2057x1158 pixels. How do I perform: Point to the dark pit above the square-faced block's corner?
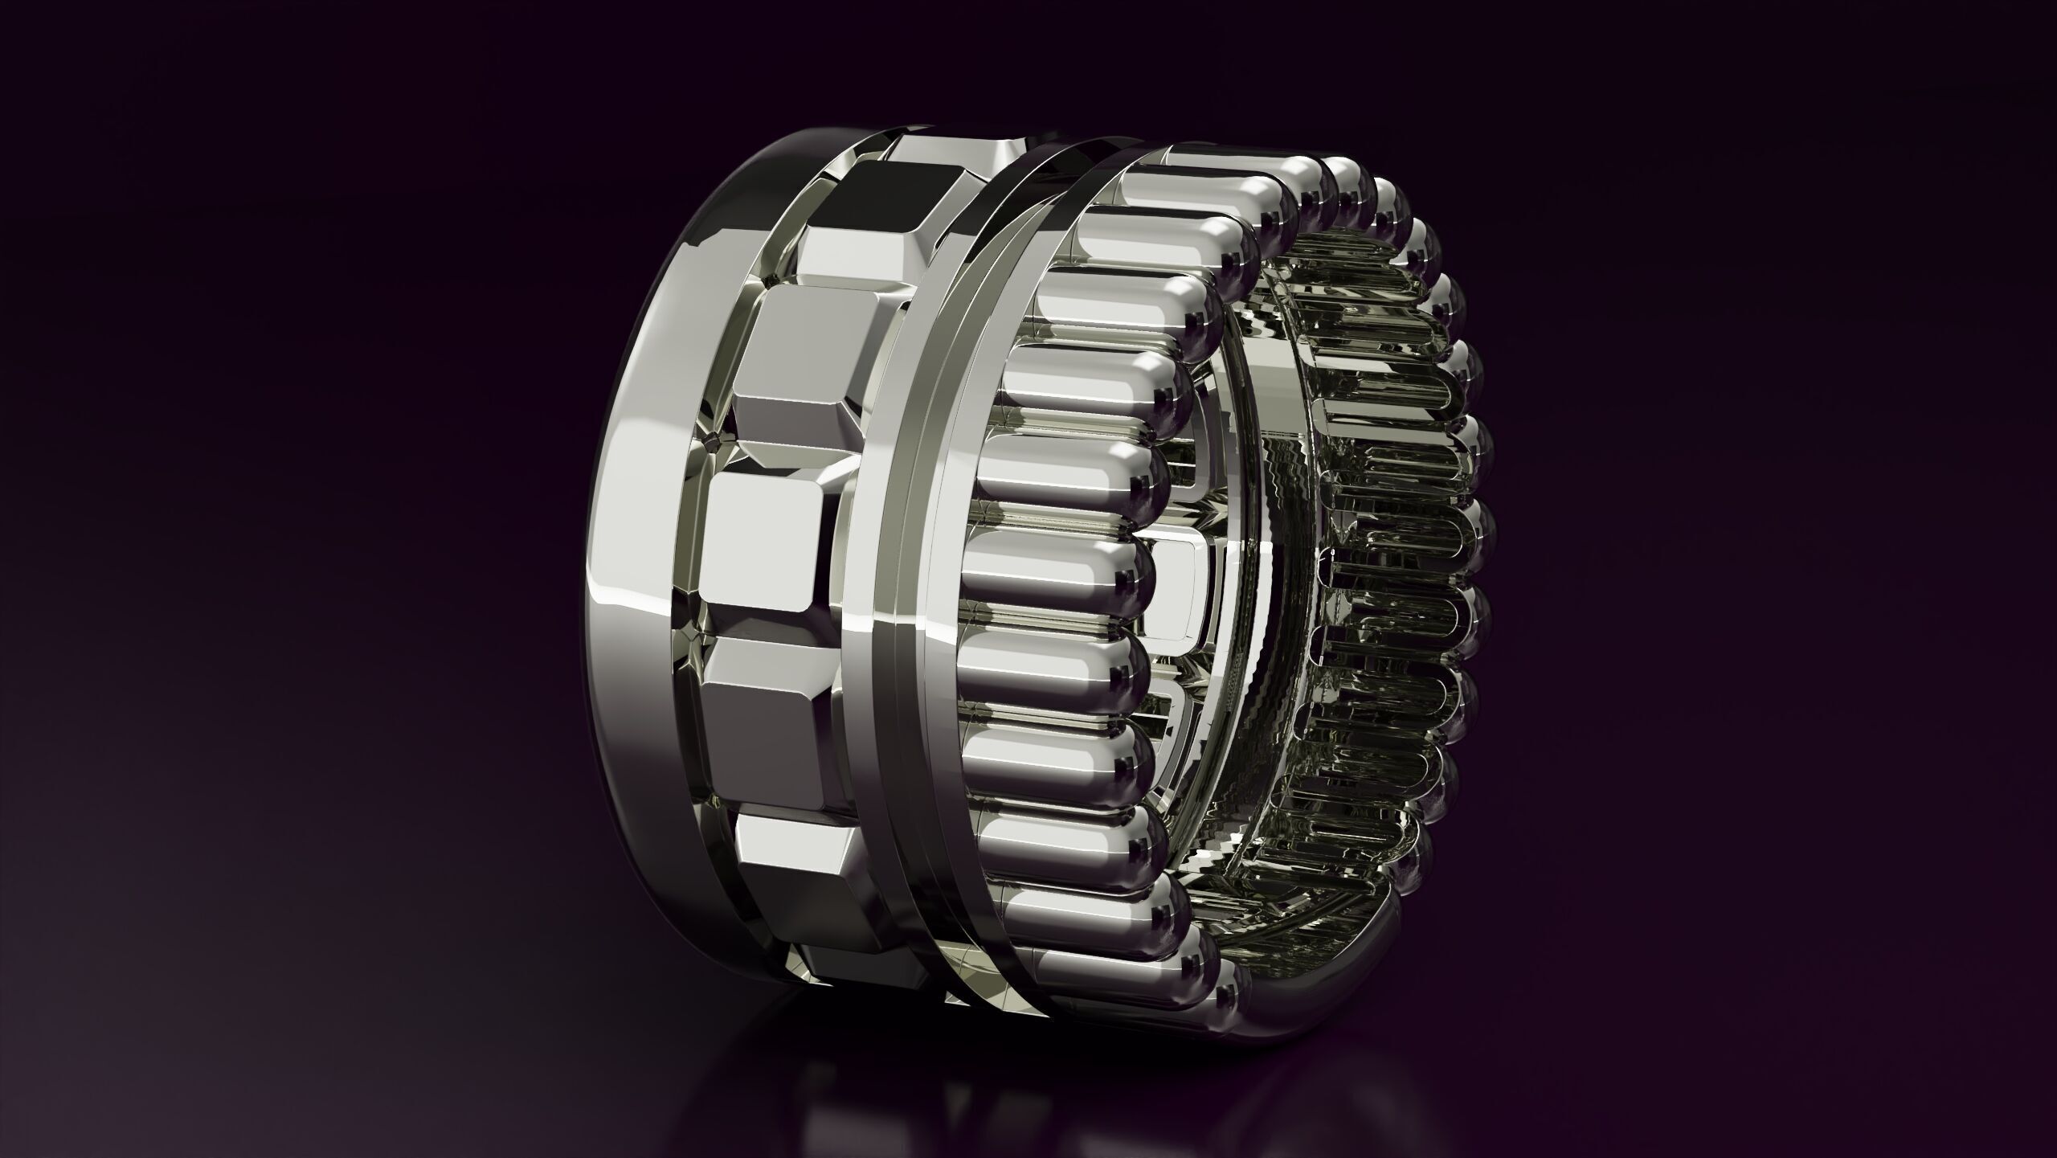[x=710, y=441]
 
